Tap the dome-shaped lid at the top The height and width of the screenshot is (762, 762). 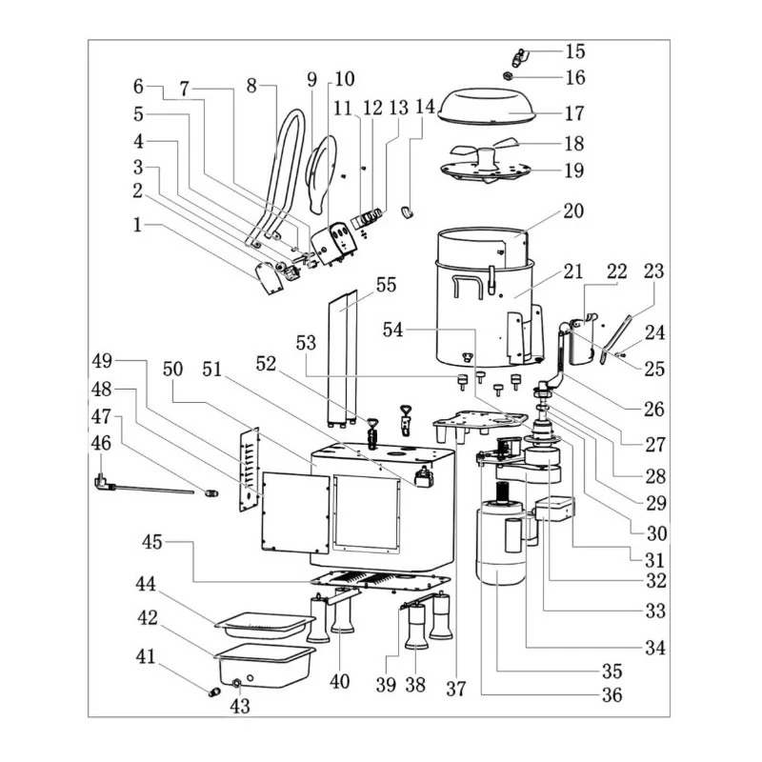503,104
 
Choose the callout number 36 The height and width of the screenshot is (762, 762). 611,694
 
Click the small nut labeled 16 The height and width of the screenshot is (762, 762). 511,76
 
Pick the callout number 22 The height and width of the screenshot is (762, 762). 616,271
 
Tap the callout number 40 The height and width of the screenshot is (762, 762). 339,681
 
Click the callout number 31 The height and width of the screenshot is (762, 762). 654,559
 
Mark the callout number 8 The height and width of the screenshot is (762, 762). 252,85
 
